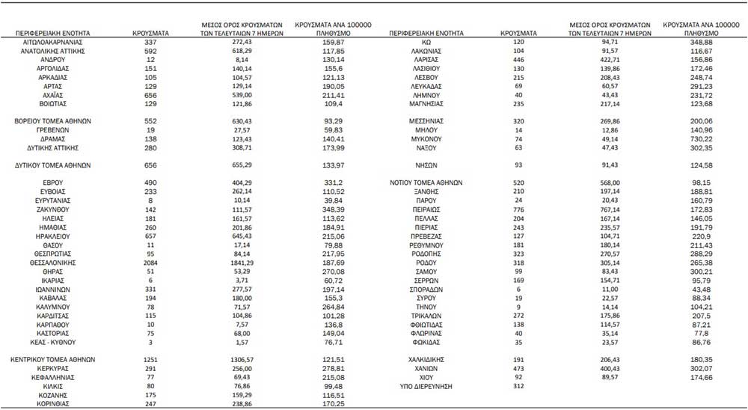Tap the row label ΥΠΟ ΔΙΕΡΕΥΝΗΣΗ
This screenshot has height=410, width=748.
point(429,387)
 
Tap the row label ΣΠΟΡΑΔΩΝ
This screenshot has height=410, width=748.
point(428,289)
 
